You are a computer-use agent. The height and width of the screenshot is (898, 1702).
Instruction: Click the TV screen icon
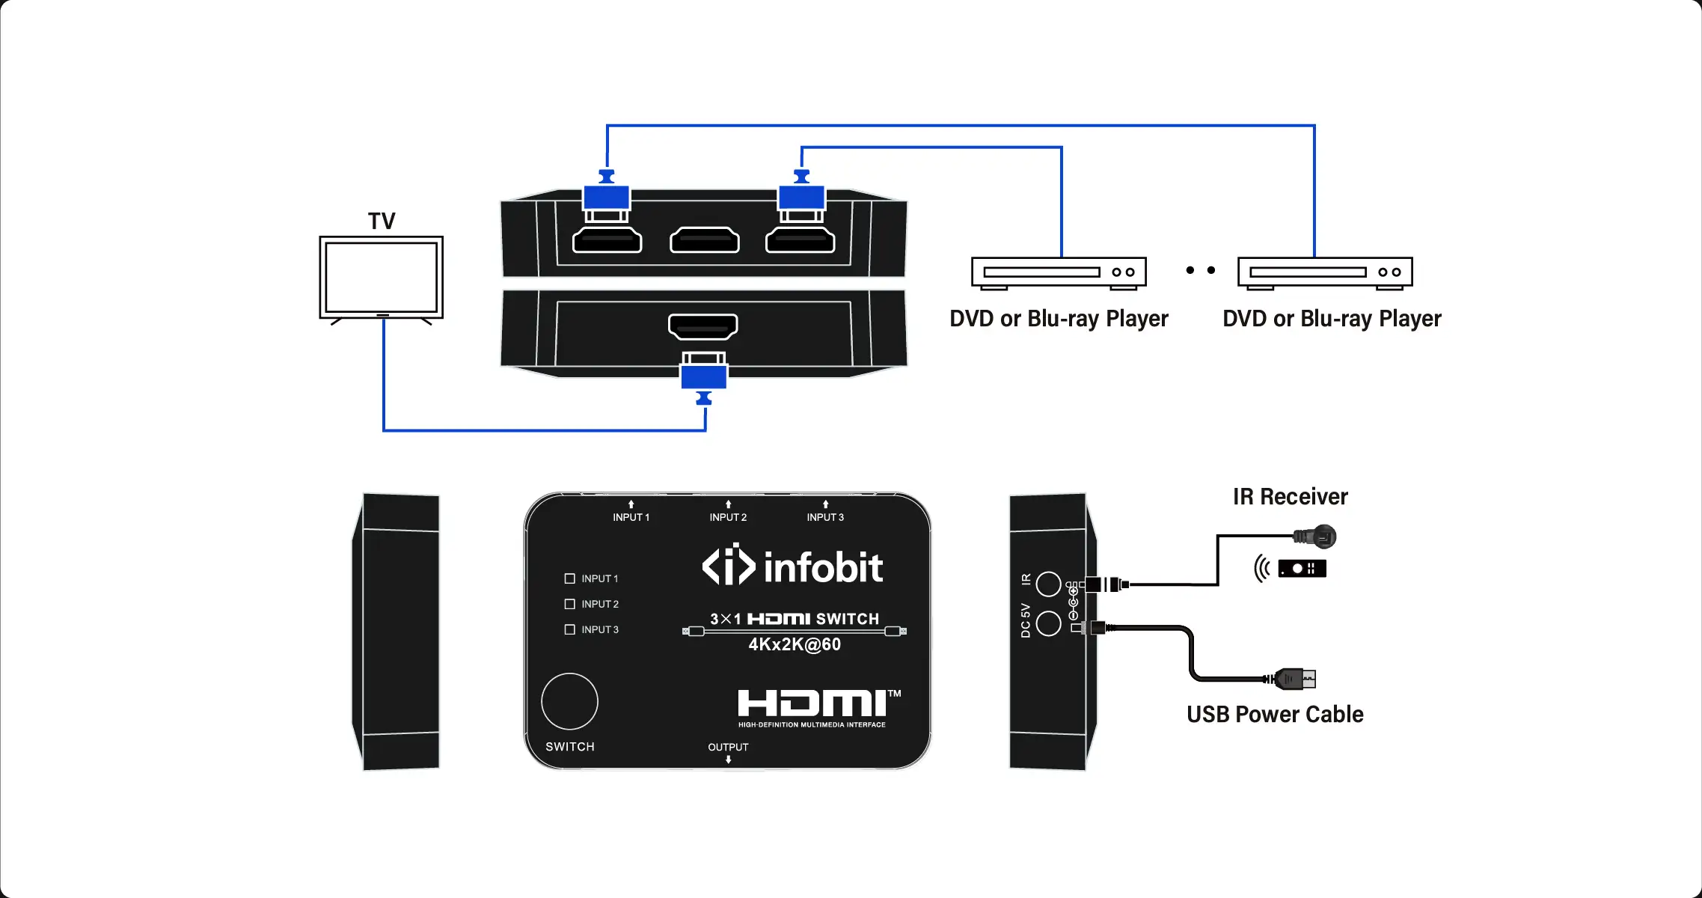[x=382, y=277]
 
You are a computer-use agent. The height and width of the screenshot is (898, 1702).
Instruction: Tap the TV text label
[x=382, y=222]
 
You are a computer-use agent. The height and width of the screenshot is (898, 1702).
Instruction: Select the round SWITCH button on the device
[x=569, y=701]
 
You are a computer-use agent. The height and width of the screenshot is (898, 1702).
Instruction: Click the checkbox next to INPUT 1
[x=569, y=578]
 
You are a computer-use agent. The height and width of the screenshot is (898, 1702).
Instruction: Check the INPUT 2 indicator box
[x=569, y=604]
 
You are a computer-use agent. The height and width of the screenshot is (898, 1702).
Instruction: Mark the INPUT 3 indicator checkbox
[x=569, y=629]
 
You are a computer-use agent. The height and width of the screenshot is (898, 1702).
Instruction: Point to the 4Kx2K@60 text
[x=795, y=644]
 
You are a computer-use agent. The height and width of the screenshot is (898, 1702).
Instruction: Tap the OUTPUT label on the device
[x=728, y=747]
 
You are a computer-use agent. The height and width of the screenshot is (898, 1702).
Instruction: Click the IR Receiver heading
[x=1290, y=497]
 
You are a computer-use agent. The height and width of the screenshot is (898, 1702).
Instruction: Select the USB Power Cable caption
[x=1275, y=715]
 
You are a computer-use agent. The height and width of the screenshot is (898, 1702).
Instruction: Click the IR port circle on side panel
[x=1048, y=584]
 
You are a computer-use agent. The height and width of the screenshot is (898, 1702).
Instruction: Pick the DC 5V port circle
[x=1048, y=623]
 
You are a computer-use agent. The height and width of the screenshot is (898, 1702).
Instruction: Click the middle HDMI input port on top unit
[x=705, y=241]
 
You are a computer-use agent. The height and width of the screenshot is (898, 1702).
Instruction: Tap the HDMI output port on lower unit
[x=702, y=326]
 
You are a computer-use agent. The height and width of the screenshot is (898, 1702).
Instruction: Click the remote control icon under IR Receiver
[x=1302, y=569]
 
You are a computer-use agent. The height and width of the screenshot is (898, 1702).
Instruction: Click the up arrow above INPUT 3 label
[x=825, y=504]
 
